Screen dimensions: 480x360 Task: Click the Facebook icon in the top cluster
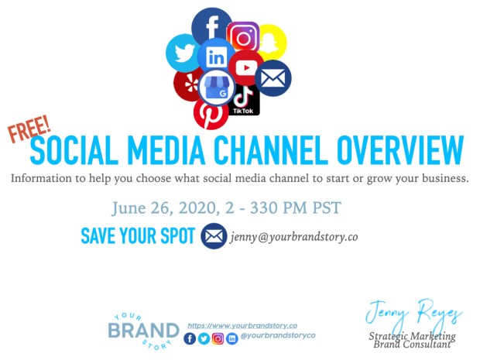tap(211, 26)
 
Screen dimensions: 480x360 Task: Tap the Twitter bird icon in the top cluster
tap(183, 53)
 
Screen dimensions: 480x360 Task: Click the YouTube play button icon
tap(246, 68)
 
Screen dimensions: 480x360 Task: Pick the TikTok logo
tap(244, 100)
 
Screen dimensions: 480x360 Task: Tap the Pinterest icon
tap(211, 113)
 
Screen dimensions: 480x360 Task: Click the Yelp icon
tap(188, 84)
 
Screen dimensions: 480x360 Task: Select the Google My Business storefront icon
tap(217, 87)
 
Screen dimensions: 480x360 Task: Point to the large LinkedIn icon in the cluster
tap(217, 57)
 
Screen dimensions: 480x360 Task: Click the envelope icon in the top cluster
tap(273, 78)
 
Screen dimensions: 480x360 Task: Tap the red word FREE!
tap(29, 129)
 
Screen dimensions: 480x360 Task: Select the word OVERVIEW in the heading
tap(400, 151)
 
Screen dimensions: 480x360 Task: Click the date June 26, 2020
tap(164, 208)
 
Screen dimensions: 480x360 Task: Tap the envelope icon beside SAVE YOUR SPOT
tap(214, 236)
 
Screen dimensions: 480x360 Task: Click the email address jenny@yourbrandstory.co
tap(294, 237)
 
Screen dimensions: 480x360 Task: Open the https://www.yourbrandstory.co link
tap(242, 326)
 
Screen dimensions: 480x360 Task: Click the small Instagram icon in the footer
tap(218, 338)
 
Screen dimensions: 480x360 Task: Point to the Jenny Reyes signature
tap(413, 313)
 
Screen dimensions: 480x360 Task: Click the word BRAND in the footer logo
tap(143, 331)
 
